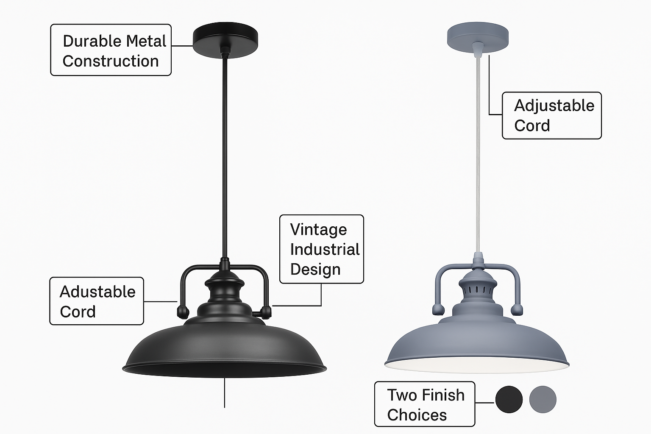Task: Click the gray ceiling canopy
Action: [x=478, y=37]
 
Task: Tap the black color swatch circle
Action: [x=509, y=399]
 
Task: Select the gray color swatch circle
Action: [x=543, y=399]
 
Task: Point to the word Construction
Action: [x=111, y=61]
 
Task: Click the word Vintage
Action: [x=319, y=230]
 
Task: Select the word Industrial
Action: [x=325, y=249]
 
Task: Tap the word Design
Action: [x=315, y=270]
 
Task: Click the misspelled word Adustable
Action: [x=97, y=292]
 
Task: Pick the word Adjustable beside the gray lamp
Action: [x=554, y=106]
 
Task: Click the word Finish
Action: [x=443, y=395]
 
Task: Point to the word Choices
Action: [x=417, y=415]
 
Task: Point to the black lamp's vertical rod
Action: [x=225, y=157]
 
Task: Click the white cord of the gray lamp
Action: [x=478, y=154]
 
